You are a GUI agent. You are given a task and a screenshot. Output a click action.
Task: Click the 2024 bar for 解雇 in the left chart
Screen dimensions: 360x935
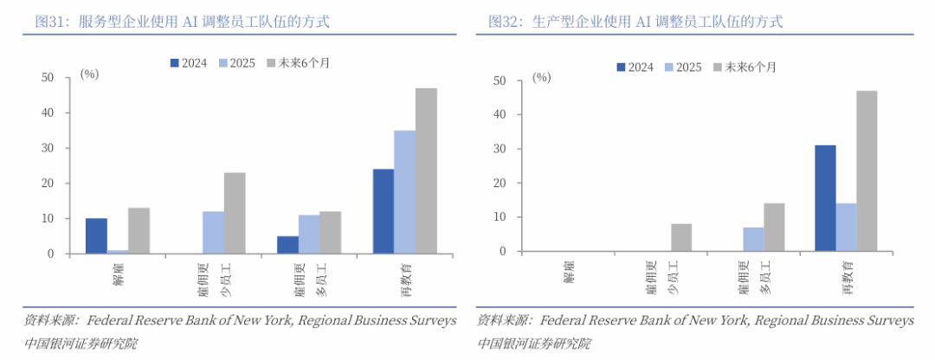click(x=96, y=236)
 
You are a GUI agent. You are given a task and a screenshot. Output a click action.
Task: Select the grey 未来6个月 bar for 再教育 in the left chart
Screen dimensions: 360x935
click(x=426, y=170)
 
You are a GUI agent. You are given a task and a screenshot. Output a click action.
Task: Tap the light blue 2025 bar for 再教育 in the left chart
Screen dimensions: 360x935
click(x=404, y=192)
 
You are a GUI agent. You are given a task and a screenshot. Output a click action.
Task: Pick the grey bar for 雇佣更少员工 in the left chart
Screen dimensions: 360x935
click(x=235, y=213)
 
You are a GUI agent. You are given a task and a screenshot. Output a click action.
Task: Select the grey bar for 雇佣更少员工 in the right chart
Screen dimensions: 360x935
click(x=681, y=238)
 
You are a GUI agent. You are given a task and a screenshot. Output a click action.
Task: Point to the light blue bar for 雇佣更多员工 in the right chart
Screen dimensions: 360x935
click(x=753, y=240)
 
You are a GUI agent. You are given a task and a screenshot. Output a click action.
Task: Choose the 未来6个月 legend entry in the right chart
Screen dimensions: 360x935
click(x=744, y=67)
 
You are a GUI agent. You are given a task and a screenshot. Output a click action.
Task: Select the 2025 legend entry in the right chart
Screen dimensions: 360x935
click(x=682, y=67)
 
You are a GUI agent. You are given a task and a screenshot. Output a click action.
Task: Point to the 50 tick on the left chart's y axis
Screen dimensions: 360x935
click(x=48, y=78)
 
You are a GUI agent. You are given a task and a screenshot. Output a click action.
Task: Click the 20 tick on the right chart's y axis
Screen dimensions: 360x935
click(x=499, y=183)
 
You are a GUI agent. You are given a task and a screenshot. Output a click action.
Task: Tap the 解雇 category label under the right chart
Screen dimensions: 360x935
click(x=569, y=271)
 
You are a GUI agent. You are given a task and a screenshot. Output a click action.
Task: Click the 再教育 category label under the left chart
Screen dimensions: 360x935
click(x=406, y=277)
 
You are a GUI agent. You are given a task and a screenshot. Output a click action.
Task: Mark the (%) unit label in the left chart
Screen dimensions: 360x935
click(x=89, y=74)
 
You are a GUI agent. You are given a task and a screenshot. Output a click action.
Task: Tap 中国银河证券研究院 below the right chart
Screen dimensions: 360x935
click(x=534, y=344)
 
